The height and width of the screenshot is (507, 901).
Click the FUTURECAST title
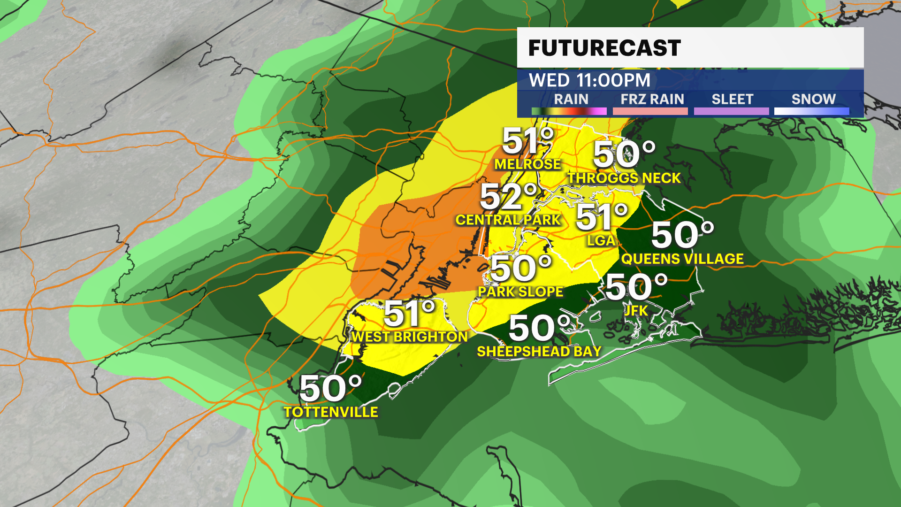(x=604, y=48)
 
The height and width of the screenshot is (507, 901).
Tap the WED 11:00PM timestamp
(x=589, y=80)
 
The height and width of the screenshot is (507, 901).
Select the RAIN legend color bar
(x=569, y=111)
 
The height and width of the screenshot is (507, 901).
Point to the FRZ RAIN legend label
(x=652, y=99)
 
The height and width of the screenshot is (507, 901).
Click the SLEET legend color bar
(x=731, y=111)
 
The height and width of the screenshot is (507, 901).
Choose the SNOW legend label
(x=813, y=99)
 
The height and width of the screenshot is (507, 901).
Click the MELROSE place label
(x=527, y=164)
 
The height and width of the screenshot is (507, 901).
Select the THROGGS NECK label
(x=624, y=178)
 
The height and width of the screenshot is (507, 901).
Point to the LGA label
(x=601, y=240)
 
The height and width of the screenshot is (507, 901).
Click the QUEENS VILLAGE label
(x=682, y=259)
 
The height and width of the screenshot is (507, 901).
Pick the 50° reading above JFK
(x=636, y=287)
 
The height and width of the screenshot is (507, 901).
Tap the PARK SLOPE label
(x=520, y=292)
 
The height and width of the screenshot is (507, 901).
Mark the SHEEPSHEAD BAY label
(x=539, y=351)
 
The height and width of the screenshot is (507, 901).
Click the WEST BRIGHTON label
(x=410, y=337)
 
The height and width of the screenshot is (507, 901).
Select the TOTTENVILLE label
(x=331, y=412)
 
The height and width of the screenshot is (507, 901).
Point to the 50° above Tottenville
(x=330, y=389)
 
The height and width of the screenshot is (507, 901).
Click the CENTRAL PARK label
(x=508, y=220)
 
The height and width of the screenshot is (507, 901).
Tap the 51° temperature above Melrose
(x=528, y=140)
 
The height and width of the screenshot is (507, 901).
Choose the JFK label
(x=636, y=310)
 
